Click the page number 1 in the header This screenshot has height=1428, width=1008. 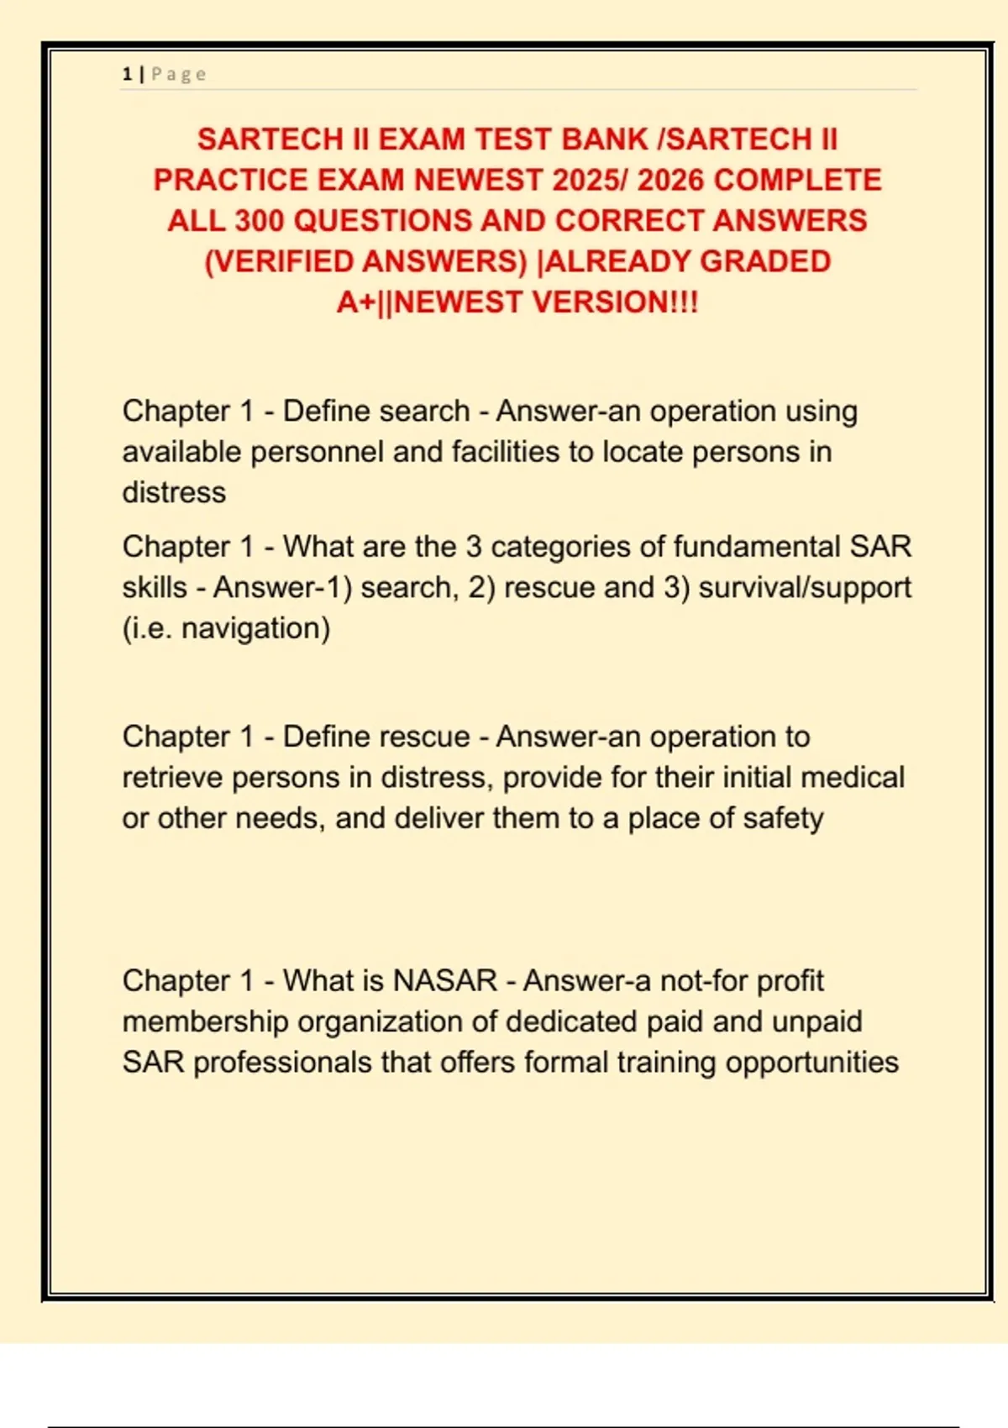[x=127, y=74]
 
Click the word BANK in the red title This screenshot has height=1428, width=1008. [x=605, y=139]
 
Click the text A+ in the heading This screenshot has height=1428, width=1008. [x=356, y=302]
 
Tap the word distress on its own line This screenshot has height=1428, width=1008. [x=174, y=492]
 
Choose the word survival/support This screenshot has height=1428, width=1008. [x=805, y=587]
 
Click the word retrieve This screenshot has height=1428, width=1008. [x=172, y=778]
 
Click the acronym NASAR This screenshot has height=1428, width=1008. [x=445, y=980]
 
